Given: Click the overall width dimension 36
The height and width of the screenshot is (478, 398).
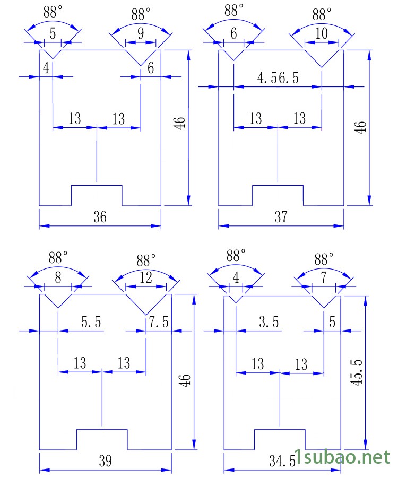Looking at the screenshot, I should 100,217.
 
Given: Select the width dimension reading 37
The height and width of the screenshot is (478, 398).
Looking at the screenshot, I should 281,217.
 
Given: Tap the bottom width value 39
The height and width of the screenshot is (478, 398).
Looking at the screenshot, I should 105,461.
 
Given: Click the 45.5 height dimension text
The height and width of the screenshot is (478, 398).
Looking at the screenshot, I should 357,373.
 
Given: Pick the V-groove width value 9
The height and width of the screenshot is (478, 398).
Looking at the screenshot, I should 141,34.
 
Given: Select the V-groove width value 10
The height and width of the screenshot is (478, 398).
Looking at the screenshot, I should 321,34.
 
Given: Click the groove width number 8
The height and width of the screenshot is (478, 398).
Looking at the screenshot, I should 58,277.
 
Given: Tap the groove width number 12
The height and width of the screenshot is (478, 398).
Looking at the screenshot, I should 145,277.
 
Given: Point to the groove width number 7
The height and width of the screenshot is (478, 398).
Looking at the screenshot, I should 323,277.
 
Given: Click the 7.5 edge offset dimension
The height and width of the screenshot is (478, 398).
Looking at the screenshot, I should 159,322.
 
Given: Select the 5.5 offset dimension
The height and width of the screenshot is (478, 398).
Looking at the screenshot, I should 91,322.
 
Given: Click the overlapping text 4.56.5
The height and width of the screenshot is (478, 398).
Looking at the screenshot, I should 278,78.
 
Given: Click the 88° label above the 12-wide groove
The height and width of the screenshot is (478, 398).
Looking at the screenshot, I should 146,260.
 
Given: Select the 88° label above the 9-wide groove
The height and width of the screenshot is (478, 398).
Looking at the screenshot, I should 141,13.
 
